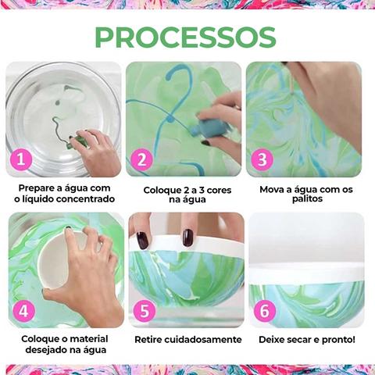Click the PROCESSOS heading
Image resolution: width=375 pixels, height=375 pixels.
pos(185,37)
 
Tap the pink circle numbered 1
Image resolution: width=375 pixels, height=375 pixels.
pos(21,159)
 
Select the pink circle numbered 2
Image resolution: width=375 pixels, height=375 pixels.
pos(141,159)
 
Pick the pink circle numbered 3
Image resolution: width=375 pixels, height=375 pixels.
pos(262,159)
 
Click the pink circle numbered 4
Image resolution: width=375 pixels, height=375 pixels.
pos(23,310)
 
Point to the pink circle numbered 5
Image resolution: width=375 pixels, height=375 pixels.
pos(145,310)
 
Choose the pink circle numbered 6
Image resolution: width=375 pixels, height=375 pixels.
pos(265,310)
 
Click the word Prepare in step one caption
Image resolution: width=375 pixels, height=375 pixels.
pos(36,188)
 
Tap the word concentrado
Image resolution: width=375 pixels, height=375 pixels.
pos(86,199)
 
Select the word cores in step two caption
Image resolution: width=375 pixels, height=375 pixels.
pos(219,190)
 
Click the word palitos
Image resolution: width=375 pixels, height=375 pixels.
pos(307,199)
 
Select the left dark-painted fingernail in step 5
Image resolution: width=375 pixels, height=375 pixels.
pos(142,241)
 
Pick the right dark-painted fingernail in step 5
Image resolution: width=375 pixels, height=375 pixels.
pos(187,237)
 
